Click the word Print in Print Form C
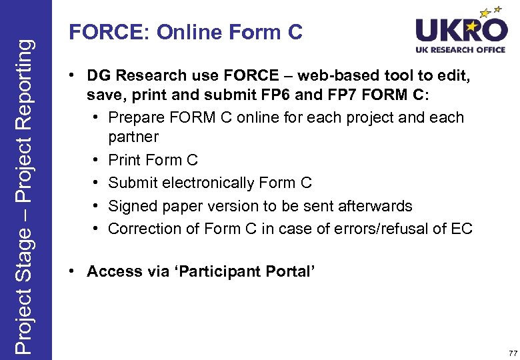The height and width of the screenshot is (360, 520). [x=124, y=160]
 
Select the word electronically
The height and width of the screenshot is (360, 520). [x=209, y=183]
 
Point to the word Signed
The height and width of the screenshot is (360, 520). [x=131, y=206]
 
